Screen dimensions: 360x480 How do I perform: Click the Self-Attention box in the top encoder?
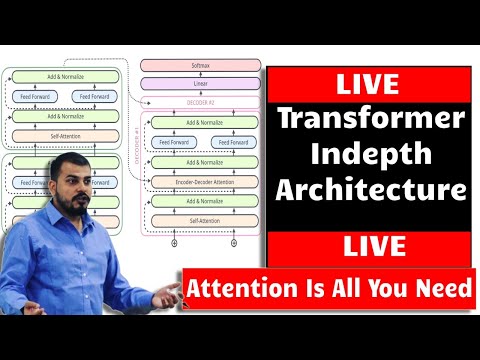pyautogui.click(x=63, y=135)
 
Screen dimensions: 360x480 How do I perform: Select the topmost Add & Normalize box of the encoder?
pyautogui.click(x=63, y=76)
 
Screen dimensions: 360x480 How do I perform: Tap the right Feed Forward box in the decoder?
pyautogui.click(x=232, y=141)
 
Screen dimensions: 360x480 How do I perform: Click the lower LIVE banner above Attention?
pyautogui.click(x=371, y=246)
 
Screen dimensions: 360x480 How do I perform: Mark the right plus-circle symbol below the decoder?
pyautogui.click(x=232, y=243)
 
